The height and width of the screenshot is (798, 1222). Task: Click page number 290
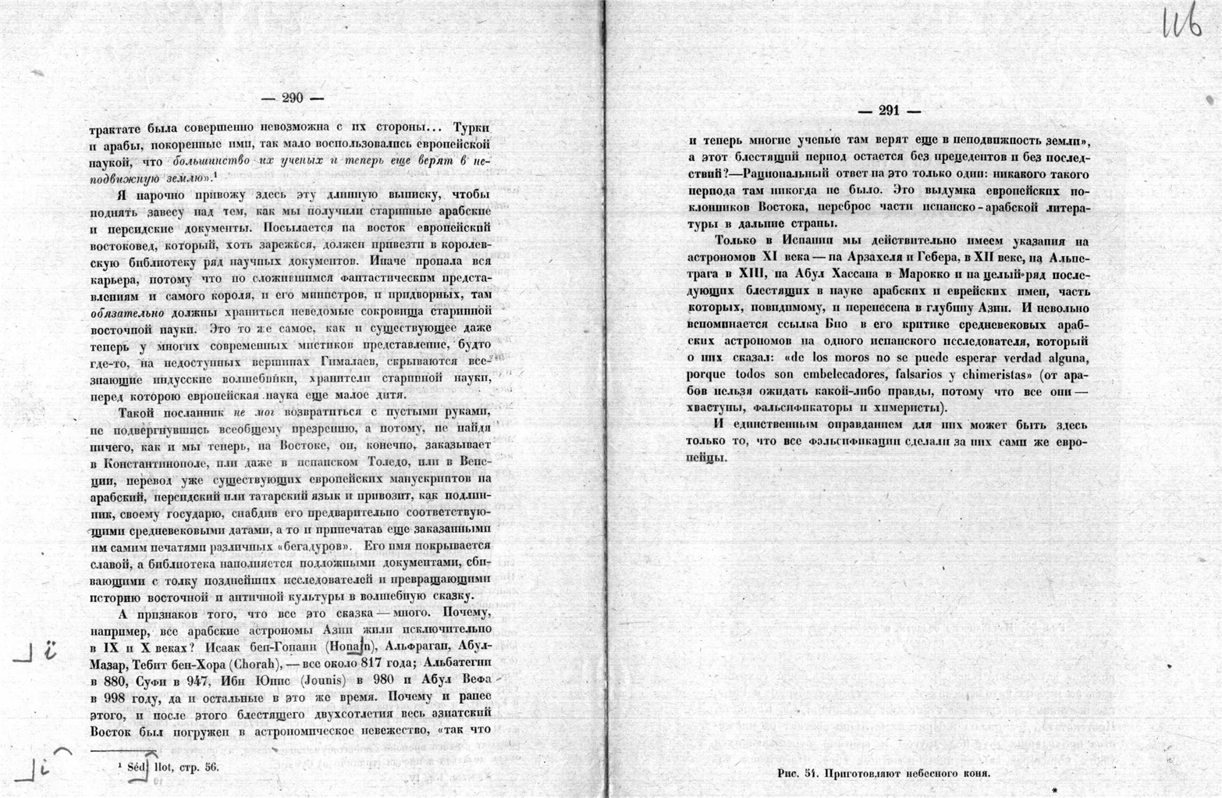coord(293,98)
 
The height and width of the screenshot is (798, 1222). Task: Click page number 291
coord(889,111)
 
